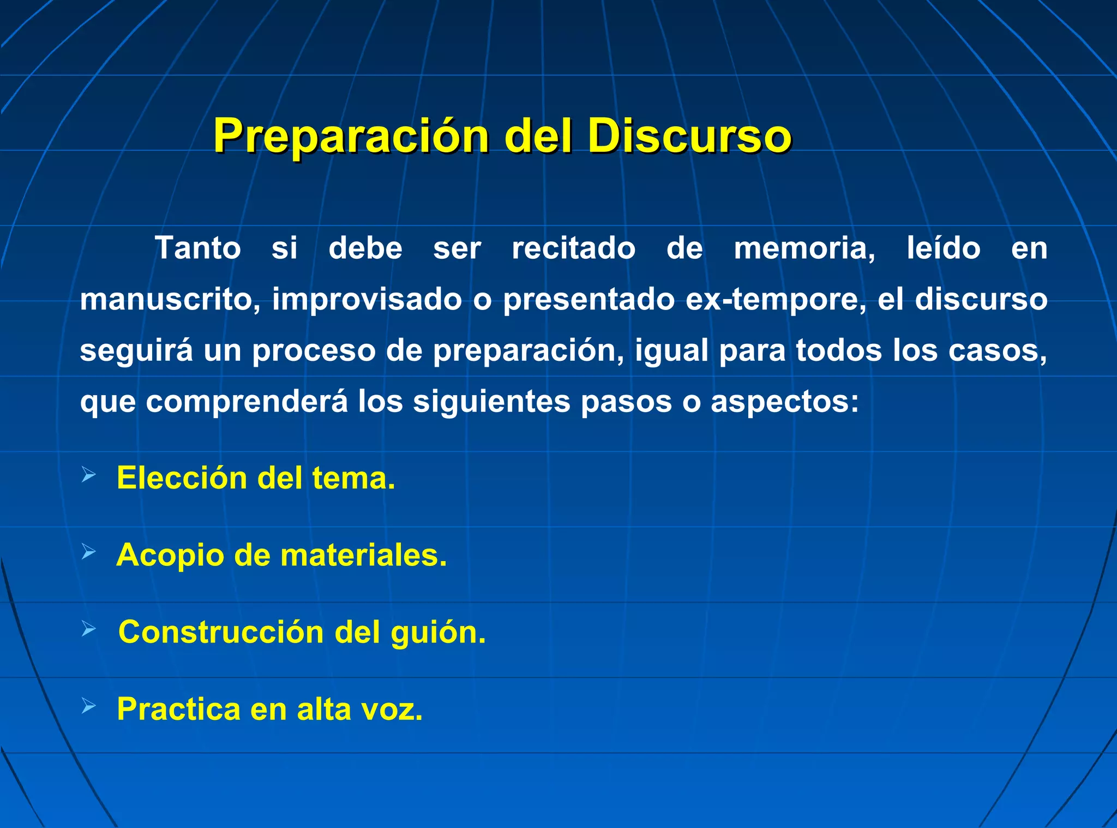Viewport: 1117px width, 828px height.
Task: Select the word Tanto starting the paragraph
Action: tap(197, 248)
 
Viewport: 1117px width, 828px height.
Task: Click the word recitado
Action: tap(573, 248)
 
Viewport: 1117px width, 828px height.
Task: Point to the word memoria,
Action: tap(804, 249)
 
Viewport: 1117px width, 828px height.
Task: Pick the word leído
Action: tap(944, 248)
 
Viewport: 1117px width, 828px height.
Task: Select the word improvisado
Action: tap(367, 299)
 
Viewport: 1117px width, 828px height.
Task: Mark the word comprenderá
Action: tap(247, 402)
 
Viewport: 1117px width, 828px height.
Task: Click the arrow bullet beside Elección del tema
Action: tap(89, 475)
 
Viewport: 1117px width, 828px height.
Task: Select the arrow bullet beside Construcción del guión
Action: tap(89, 629)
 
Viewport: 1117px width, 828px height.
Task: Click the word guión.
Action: tap(438, 633)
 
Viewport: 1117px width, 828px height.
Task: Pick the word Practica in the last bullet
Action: tap(179, 710)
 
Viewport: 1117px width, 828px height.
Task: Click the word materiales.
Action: tap(363, 555)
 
